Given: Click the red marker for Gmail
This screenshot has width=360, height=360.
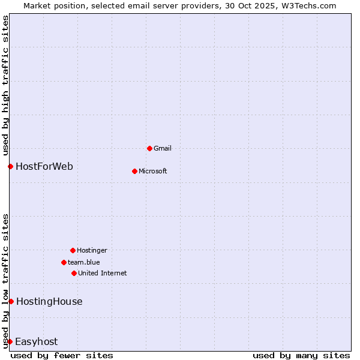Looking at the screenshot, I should tap(149, 148).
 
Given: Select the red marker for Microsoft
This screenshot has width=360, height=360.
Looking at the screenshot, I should tap(134, 171).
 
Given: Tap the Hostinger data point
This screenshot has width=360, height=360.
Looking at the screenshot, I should tap(73, 250).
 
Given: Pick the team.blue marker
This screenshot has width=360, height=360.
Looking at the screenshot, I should tap(64, 262).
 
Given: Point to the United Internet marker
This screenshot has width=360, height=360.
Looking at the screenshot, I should tap(74, 273).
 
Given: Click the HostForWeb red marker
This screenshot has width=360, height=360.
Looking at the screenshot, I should tap(10, 166).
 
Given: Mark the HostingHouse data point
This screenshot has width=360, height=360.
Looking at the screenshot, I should tap(11, 301).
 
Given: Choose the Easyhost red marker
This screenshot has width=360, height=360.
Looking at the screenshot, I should tap(10, 341).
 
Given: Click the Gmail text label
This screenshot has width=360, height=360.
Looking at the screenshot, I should tap(163, 148).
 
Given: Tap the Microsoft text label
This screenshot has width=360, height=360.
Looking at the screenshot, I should tap(153, 171).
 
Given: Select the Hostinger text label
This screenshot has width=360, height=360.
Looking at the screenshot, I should tap(92, 250).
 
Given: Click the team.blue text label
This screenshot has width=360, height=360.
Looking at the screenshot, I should tap(84, 262).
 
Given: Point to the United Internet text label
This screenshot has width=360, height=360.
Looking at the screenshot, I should tap(103, 273).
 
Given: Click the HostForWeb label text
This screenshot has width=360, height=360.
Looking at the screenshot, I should tap(44, 166).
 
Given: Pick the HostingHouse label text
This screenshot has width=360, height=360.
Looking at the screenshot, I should tap(49, 301).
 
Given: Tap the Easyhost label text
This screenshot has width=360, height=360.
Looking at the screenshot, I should tap(37, 341).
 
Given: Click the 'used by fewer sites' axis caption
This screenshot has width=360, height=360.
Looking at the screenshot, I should tap(62, 355).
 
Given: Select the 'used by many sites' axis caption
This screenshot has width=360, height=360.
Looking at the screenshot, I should tap(301, 355).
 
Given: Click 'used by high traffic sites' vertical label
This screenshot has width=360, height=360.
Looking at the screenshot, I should tap(5, 86).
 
